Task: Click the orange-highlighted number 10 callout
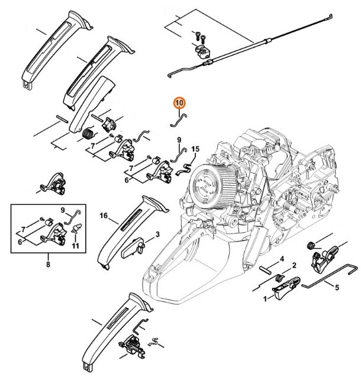[x=179, y=103]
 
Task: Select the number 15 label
[x=195, y=148]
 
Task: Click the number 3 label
[x=157, y=235]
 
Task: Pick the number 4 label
[x=282, y=259]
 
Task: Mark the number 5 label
[x=337, y=289]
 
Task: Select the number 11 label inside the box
[x=76, y=246]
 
